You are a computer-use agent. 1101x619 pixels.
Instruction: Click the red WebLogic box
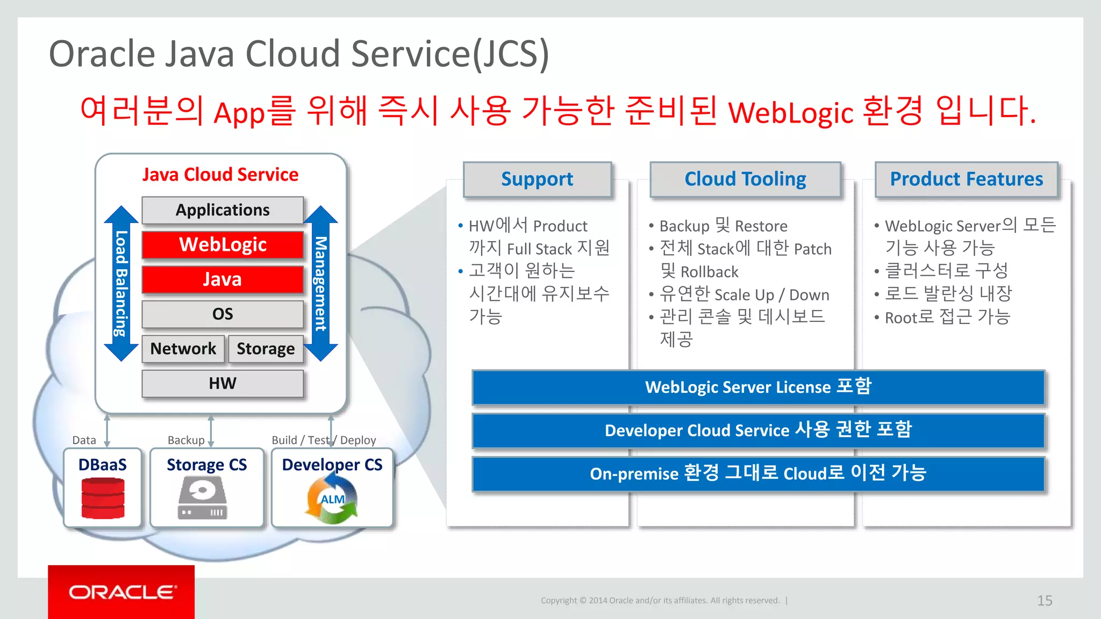(x=223, y=245)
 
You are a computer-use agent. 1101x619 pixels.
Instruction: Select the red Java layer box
(x=223, y=279)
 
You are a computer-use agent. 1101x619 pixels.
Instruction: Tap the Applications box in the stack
(x=223, y=210)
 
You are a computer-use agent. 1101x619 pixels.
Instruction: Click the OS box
(x=223, y=314)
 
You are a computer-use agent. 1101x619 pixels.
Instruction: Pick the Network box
(x=183, y=349)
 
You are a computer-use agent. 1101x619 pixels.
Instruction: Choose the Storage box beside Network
(x=266, y=349)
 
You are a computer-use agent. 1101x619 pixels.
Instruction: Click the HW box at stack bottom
(x=223, y=384)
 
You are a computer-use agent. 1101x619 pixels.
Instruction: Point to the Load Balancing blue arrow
(x=121, y=283)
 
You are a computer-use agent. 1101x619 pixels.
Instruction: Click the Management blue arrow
(x=320, y=283)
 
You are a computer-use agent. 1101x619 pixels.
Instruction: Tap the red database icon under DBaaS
(x=103, y=498)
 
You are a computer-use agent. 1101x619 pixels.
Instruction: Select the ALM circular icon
(x=332, y=500)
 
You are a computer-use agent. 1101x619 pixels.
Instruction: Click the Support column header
(x=537, y=179)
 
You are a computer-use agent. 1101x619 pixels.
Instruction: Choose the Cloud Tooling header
(x=745, y=179)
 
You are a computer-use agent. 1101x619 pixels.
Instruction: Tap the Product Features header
(x=966, y=179)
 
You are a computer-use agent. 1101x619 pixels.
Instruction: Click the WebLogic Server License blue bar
(x=758, y=387)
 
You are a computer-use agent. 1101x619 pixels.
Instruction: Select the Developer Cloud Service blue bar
(x=758, y=430)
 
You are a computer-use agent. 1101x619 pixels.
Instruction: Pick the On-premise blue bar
(x=758, y=473)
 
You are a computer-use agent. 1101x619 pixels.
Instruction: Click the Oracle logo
(x=121, y=592)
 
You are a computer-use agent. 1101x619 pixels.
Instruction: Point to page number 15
(x=1044, y=600)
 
